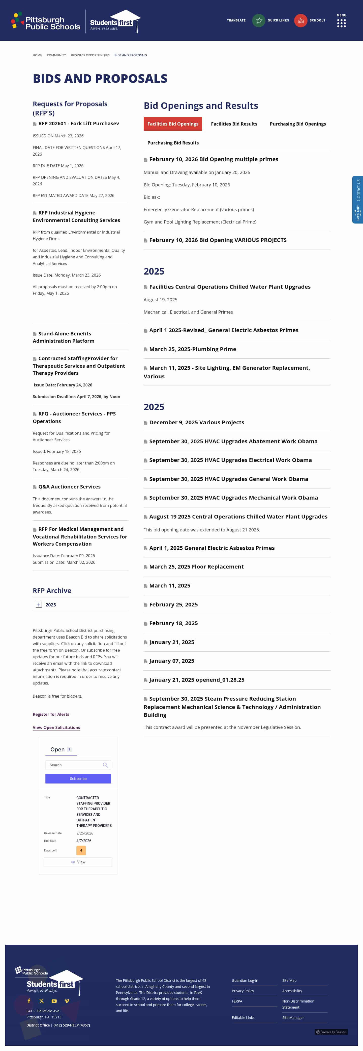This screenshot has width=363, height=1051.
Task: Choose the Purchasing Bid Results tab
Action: click(173, 143)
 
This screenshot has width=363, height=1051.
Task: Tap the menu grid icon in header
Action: click(341, 23)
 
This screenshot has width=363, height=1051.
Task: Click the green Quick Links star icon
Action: click(259, 20)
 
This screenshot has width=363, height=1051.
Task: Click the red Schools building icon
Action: click(301, 20)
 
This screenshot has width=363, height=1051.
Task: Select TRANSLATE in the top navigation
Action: click(236, 20)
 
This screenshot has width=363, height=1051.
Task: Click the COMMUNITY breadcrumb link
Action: click(56, 55)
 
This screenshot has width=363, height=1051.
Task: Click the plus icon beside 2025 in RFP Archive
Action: click(39, 605)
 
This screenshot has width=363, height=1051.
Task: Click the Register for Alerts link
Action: click(51, 714)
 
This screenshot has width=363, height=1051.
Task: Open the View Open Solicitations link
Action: click(56, 727)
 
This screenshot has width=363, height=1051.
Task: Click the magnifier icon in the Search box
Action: click(105, 765)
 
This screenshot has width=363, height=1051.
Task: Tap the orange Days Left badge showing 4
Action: click(81, 850)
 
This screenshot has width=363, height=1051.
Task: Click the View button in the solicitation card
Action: click(78, 862)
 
